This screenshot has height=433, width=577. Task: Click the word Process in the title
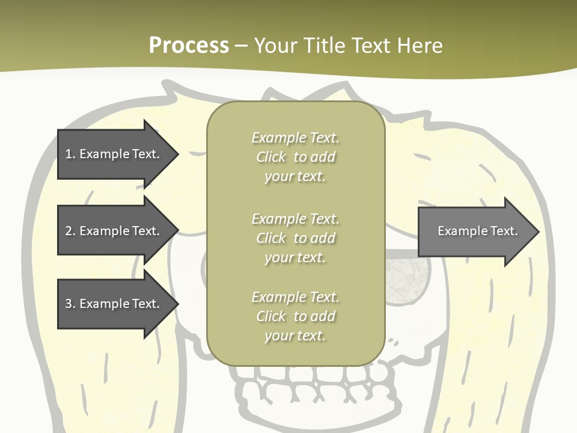[x=189, y=46]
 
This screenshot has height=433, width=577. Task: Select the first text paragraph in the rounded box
[x=295, y=157]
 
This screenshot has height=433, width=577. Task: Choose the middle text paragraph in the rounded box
[x=295, y=238]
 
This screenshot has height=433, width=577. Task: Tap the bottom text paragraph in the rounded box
[x=295, y=316]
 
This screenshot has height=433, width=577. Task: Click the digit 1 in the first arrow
[x=69, y=154]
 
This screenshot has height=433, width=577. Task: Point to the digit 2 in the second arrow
[x=69, y=231]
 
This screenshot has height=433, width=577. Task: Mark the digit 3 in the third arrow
[x=69, y=304]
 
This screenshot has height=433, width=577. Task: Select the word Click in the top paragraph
[x=271, y=157]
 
